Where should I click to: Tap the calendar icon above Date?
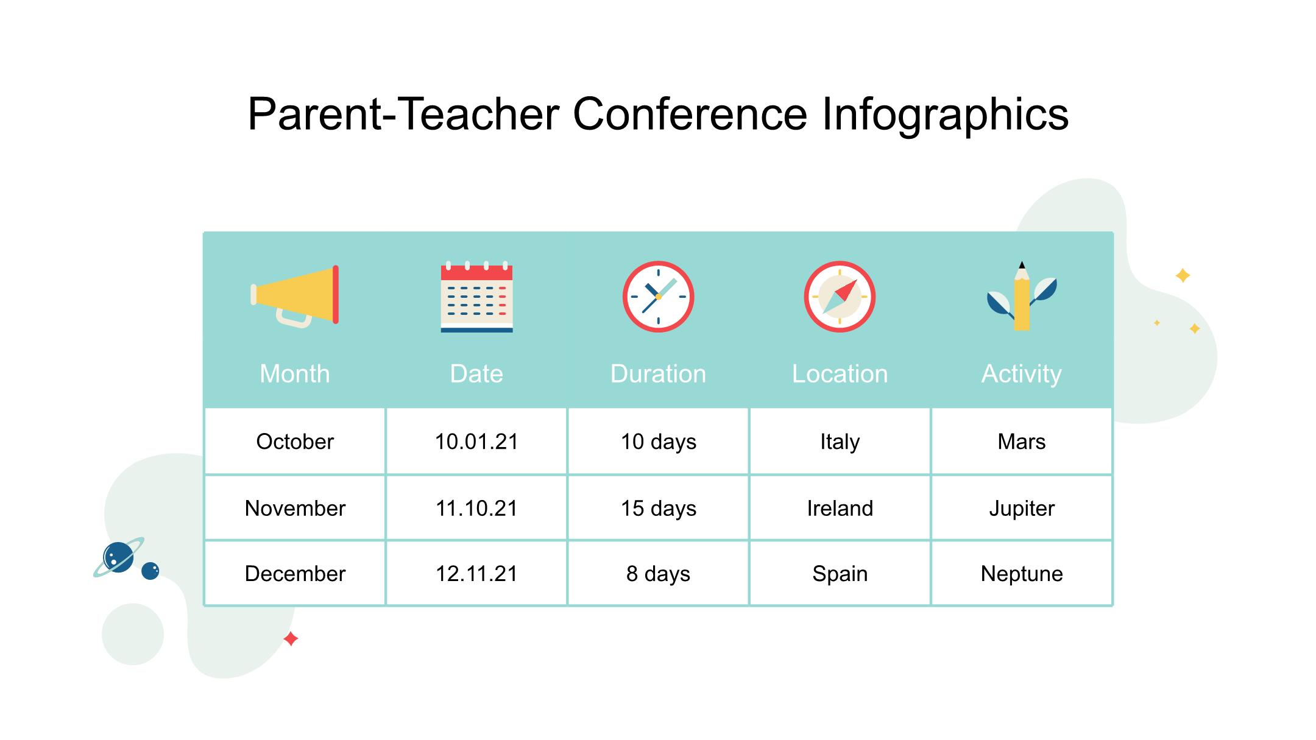pyautogui.click(x=476, y=297)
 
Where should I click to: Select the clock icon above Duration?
pyautogui.click(x=658, y=297)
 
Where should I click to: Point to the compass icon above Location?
pyautogui.click(x=840, y=297)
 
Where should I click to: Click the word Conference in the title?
pyautogui.click(x=690, y=114)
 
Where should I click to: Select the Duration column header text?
pyautogui.click(x=658, y=373)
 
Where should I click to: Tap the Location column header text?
pyautogui.click(x=840, y=373)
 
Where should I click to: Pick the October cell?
pyautogui.click(x=295, y=442)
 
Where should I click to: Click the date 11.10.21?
pyautogui.click(x=476, y=508)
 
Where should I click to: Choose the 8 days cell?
pyautogui.click(x=658, y=574)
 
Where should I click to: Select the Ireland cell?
pyautogui.click(x=840, y=508)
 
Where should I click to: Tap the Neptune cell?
pyautogui.click(x=1022, y=574)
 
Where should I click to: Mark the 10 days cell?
pyautogui.click(x=658, y=442)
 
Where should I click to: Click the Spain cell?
pyautogui.click(x=840, y=574)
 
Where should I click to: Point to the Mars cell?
pyautogui.click(x=1022, y=442)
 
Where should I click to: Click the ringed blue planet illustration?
pyautogui.click(x=119, y=557)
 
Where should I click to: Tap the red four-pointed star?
pyautogui.click(x=291, y=639)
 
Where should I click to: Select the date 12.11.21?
pyautogui.click(x=476, y=574)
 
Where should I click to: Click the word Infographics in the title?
pyautogui.click(x=945, y=114)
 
